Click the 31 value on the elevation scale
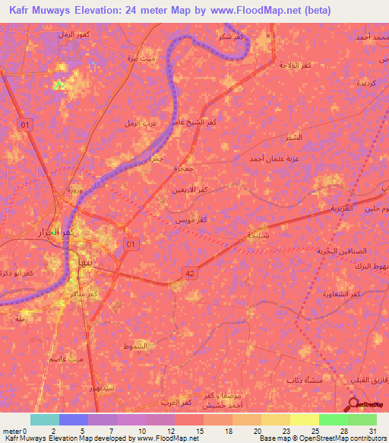(372, 431)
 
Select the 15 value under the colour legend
(199, 431)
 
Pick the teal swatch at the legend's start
(45, 419)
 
